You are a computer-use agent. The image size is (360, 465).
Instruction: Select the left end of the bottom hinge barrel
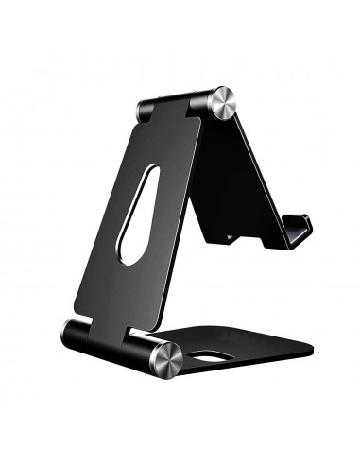click(x=69, y=332)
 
